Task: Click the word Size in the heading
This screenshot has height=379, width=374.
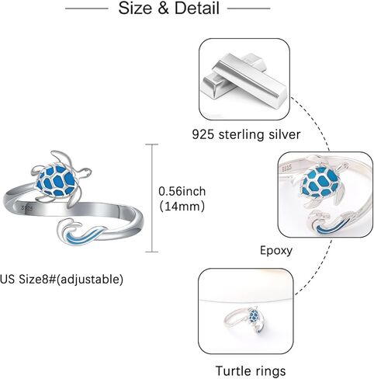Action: [135, 8]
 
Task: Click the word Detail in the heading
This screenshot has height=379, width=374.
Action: [197, 8]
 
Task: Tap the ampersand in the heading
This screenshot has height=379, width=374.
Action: [163, 9]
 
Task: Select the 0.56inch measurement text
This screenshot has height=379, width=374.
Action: [182, 191]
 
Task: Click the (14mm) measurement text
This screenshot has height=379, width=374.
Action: [182, 207]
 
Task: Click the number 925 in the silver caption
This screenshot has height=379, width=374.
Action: [203, 134]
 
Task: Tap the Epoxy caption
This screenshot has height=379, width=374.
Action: [276, 251]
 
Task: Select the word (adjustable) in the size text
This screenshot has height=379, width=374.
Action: [90, 280]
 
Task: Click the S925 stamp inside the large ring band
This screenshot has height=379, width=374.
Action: [27, 208]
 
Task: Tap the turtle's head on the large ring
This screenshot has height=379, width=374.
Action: [85, 172]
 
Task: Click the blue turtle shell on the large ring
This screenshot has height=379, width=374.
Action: [56, 180]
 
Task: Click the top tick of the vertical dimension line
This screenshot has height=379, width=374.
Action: [151, 144]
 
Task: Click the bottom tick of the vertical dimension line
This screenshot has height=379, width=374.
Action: [151, 252]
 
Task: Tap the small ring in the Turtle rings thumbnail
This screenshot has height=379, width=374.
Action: [247, 320]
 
